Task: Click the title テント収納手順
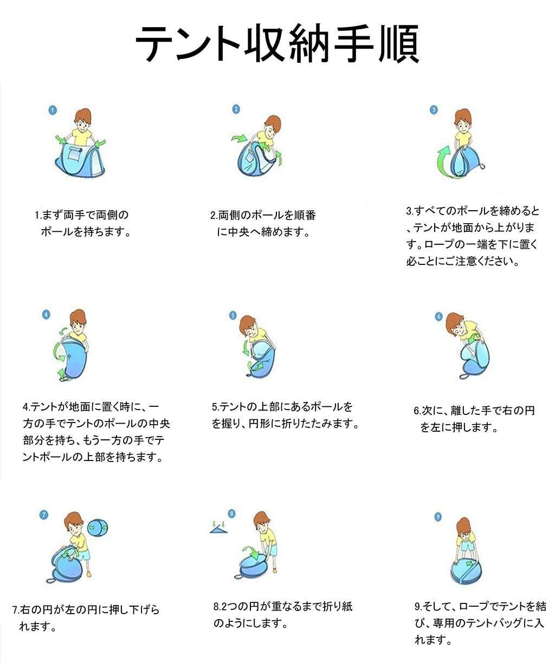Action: coord(277,44)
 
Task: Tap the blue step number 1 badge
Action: coord(53,110)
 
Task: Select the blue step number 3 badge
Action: coord(434,110)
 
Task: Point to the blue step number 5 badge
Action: coord(233,315)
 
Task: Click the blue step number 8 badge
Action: coord(231,513)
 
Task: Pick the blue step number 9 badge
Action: coord(438,517)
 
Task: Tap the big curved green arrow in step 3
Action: coord(444,162)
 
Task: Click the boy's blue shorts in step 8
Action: coord(272,550)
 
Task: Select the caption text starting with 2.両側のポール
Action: coord(263,224)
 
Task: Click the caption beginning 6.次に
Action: coord(474,419)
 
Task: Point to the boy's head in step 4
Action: coord(78,321)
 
